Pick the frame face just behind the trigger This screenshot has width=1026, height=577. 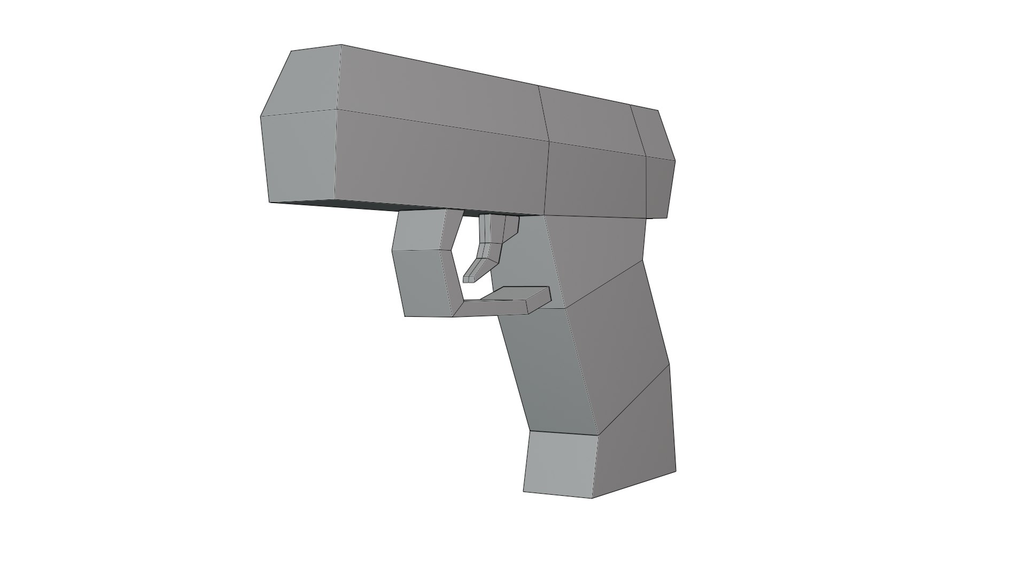[x=526, y=262]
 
